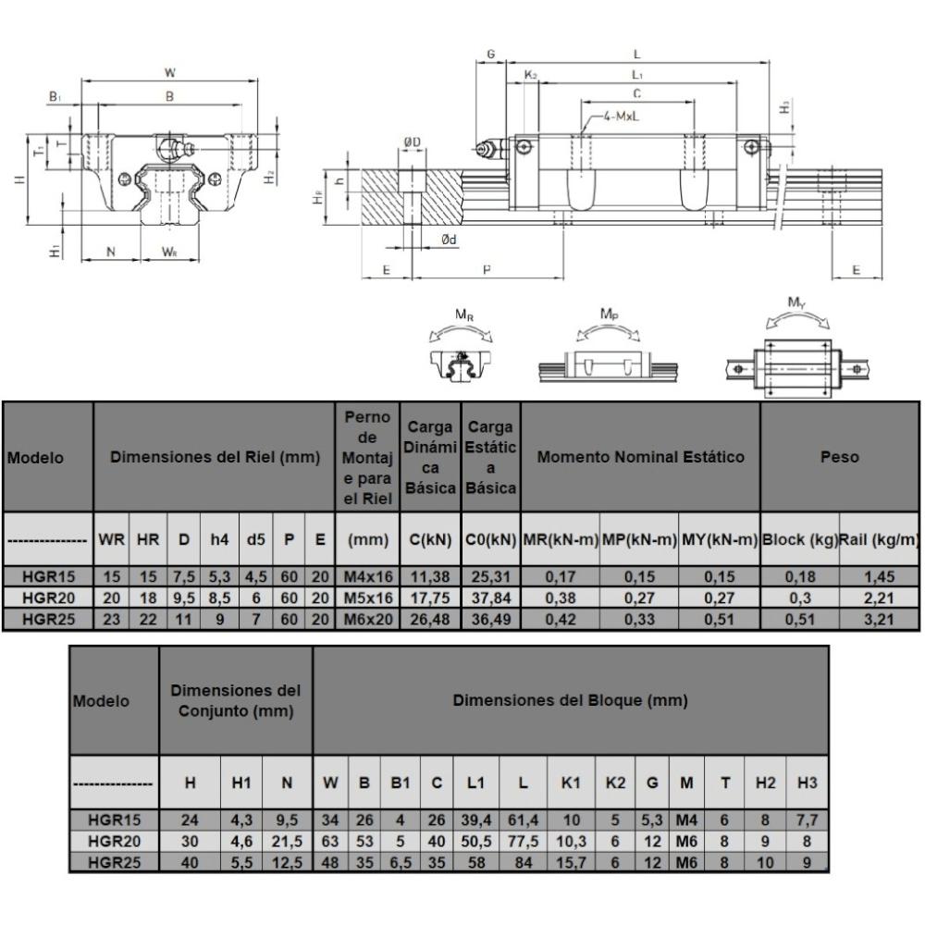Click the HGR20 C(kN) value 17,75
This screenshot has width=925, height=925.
[x=430, y=598]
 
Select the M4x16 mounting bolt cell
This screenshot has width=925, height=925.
[x=367, y=577]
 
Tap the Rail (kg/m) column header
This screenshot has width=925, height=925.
[x=879, y=539]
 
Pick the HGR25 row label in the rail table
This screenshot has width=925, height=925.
[x=48, y=620]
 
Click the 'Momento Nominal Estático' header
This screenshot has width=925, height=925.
[x=641, y=457]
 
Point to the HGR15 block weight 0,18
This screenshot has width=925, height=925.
[x=800, y=577]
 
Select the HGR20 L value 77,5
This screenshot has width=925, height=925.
[x=523, y=841]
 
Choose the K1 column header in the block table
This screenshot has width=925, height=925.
[x=571, y=783]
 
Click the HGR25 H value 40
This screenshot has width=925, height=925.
[x=190, y=862]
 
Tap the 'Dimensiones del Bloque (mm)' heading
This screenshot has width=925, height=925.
[x=571, y=700]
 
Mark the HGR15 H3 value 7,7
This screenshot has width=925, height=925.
[x=807, y=820]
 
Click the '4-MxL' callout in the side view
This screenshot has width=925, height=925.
[x=622, y=117]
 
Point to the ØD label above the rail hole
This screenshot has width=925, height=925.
[x=413, y=142]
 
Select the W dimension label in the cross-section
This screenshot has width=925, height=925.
[x=170, y=73]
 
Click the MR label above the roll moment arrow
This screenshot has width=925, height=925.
[x=464, y=315]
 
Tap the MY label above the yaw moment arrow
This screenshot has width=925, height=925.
[x=796, y=303]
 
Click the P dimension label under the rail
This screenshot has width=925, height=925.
[x=487, y=269]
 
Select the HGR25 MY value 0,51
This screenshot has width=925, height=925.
[x=720, y=620]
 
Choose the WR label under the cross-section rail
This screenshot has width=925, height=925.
[x=170, y=253]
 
